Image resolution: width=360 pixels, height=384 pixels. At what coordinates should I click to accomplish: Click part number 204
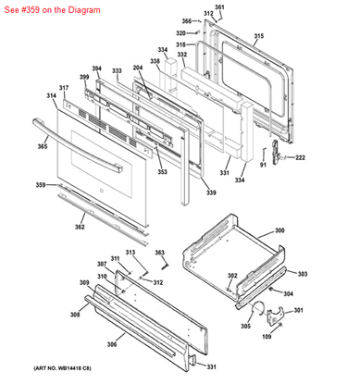tap(138, 68)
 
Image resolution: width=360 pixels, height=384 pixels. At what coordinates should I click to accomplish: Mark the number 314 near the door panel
tap(51, 95)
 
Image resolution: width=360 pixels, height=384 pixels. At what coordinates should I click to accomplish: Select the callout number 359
tap(41, 185)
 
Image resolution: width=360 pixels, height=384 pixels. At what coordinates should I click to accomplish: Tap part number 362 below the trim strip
tap(80, 227)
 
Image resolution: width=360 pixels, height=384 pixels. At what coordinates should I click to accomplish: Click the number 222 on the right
tap(300, 158)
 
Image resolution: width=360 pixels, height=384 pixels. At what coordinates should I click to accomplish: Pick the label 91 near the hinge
tap(263, 165)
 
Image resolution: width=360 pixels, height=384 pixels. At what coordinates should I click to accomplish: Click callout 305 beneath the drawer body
tap(246, 326)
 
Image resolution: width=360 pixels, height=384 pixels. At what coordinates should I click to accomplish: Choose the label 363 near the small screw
tap(159, 253)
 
